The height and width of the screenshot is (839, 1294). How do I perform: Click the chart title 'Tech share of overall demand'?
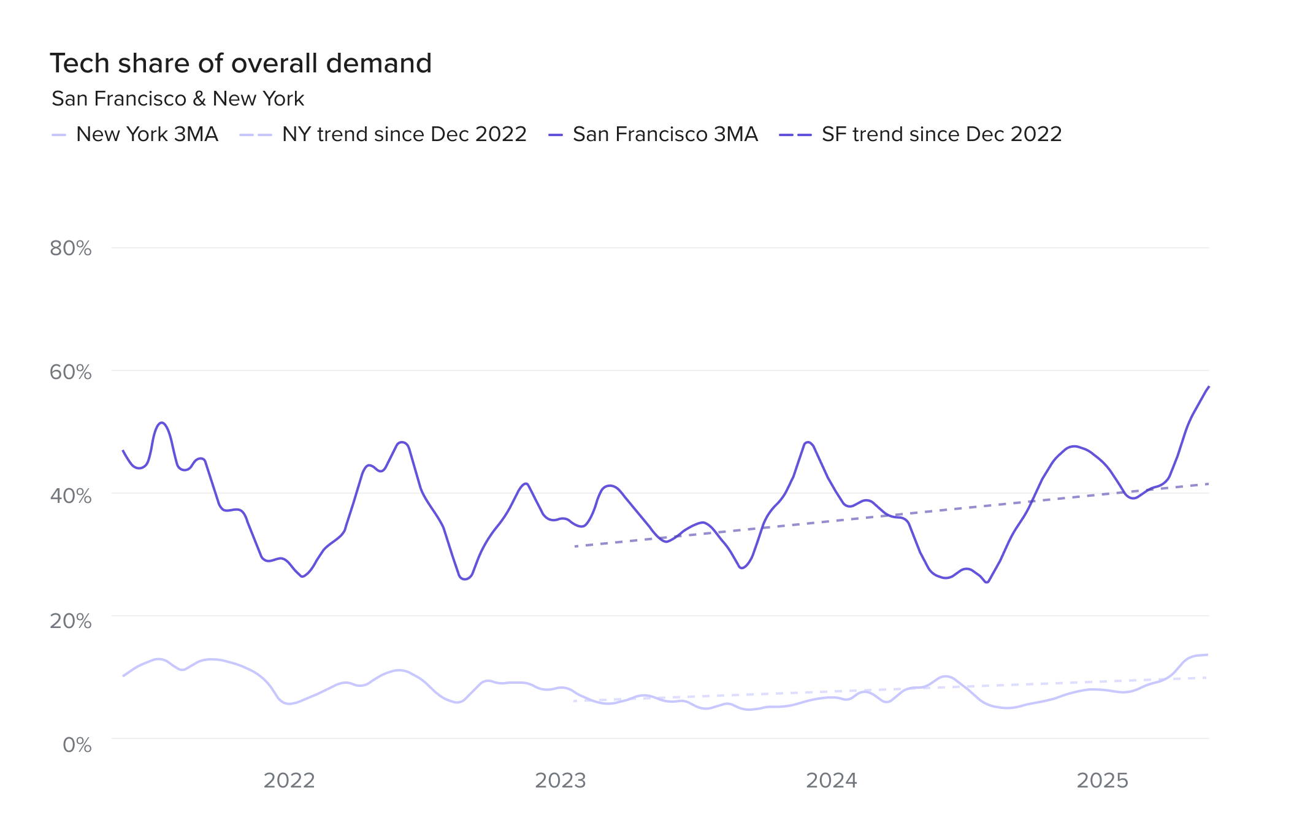click(x=241, y=63)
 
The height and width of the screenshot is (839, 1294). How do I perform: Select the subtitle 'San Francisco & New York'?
click(x=178, y=99)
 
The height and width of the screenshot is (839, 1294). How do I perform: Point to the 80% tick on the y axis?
click(x=71, y=248)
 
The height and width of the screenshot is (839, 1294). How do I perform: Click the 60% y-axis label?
click(x=71, y=372)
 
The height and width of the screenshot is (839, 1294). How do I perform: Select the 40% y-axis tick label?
click(x=71, y=496)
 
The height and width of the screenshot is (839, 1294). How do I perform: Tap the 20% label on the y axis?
click(x=71, y=621)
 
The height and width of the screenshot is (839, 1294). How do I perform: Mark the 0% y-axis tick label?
click(x=77, y=745)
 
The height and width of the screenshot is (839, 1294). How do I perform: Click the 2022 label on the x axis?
click(x=289, y=780)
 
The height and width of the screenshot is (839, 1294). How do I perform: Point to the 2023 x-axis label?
click(x=561, y=780)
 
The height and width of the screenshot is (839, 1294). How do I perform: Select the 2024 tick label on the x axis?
click(x=832, y=780)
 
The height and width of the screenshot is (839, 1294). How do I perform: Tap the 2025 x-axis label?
click(x=1103, y=780)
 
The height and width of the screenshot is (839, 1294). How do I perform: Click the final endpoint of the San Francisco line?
click(x=1209, y=386)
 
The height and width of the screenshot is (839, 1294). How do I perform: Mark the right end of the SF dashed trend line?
click(x=1209, y=484)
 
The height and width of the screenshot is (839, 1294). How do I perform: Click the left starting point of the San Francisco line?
click(x=123, y=451)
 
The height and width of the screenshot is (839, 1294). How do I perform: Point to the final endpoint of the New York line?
click(x=1208, y=654)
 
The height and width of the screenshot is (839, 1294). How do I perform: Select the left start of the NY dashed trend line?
click(x=575, y=700)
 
